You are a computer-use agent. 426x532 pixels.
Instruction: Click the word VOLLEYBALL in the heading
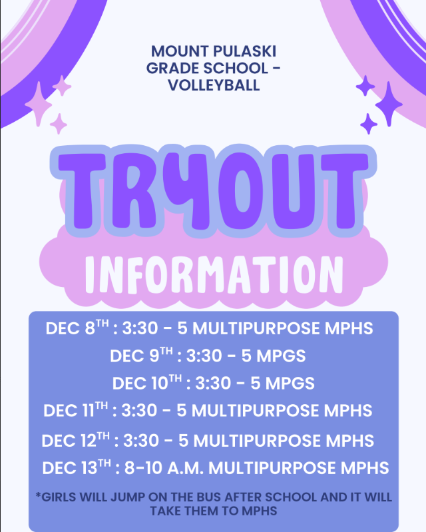point(213,86)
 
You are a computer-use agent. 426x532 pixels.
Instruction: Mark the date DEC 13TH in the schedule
point(75,467)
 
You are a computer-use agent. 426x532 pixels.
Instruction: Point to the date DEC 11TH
point(75,410)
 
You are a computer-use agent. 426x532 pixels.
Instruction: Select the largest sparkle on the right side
point(389,103)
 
